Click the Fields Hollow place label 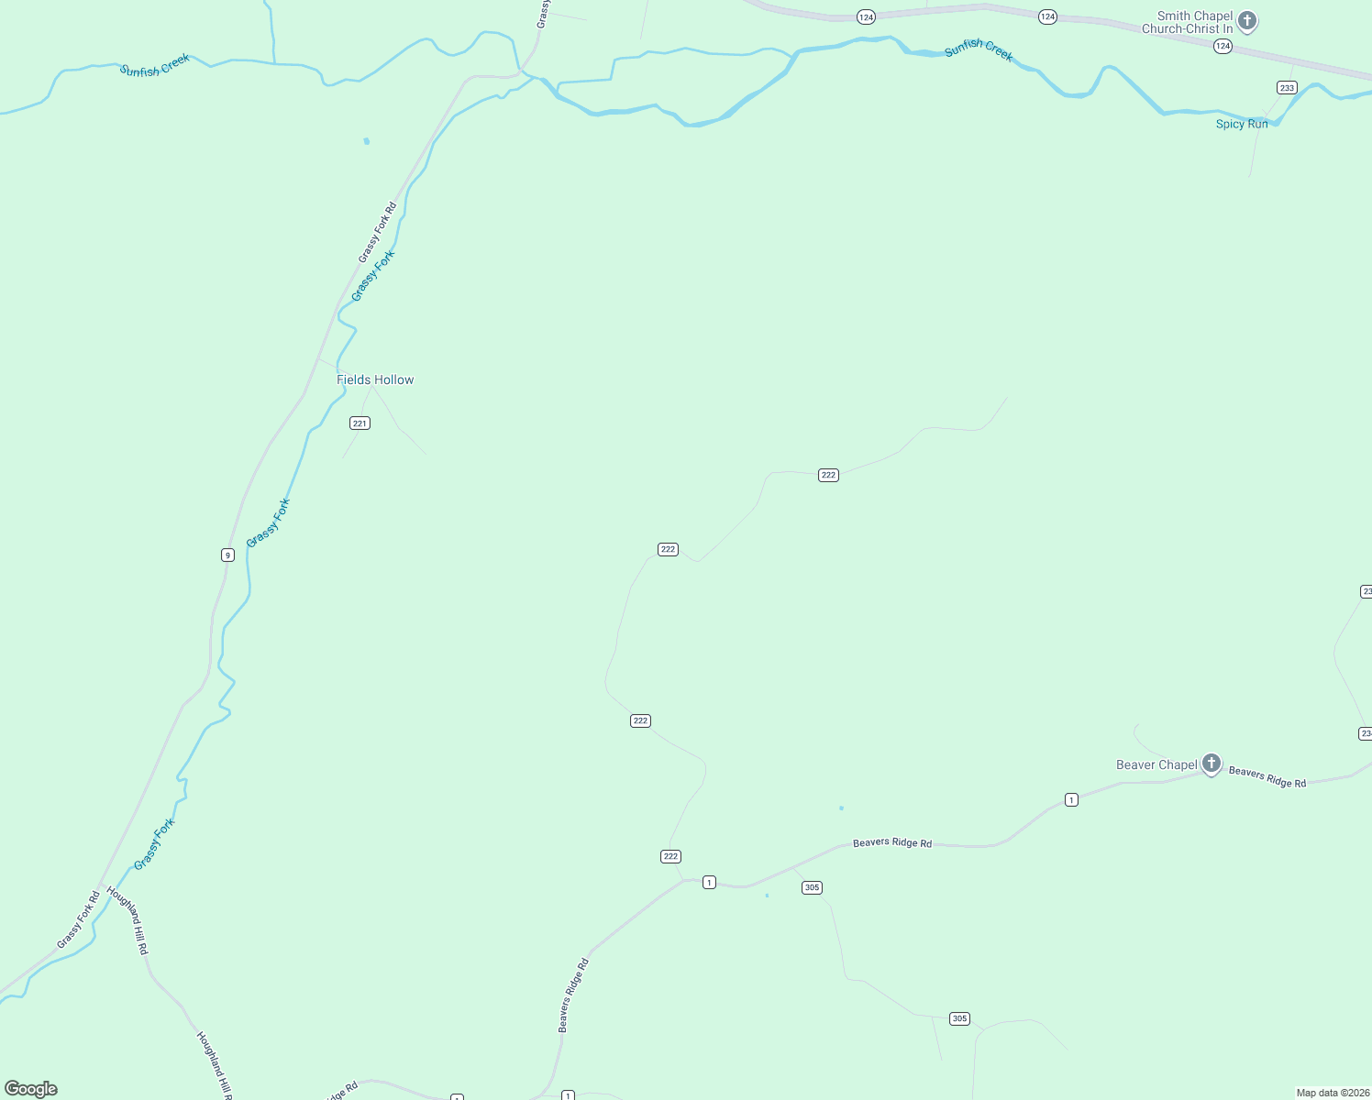375,379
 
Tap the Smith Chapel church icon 1247,20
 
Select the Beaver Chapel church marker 1212,763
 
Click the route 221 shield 360,423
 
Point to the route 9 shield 227,555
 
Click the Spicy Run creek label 1242,124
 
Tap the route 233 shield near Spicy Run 1287,88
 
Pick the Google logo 31,1089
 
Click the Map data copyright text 1332,1093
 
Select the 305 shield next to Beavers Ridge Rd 812,887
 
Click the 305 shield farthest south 959,1018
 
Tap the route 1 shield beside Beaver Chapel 1071,799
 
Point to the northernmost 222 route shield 828,475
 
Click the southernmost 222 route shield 670,856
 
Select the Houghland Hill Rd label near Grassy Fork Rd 127,920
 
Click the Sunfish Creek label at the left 154,65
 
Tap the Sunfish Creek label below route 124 979,49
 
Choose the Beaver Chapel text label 1156,764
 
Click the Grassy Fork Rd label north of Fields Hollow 377,232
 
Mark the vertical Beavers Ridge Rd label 573,995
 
